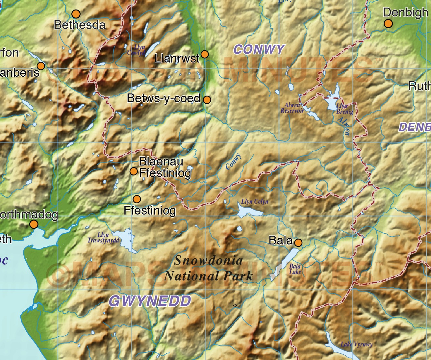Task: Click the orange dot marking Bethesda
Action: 76,14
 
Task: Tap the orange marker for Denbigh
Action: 388,24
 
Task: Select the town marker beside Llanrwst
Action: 205,54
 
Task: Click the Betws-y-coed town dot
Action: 207,100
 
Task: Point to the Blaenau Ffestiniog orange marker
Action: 134,171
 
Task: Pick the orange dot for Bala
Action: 298,243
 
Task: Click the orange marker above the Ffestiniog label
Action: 137,199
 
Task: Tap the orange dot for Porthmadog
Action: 34,224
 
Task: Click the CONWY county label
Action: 259,50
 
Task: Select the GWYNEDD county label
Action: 150,301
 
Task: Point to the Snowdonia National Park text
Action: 209,269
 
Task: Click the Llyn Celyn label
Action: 255,201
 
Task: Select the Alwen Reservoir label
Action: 292,108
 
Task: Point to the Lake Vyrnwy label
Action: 357,345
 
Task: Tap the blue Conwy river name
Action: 233,161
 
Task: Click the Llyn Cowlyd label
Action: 136,50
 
